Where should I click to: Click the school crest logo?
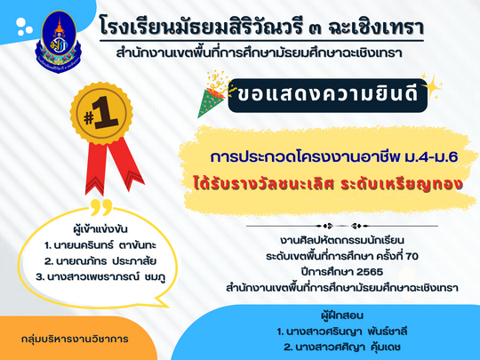[x=59, y=41]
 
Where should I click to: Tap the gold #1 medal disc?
[x=101, y=113]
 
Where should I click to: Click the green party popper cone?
[x=211, y=102]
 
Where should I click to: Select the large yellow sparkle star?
[x=431, y=86]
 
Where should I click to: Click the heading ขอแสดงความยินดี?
[x=327, y=95]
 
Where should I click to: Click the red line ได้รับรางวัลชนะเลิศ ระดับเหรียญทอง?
[x=327, y=184]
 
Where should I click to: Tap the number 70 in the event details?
[x=412, y=256]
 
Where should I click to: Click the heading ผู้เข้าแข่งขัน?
[x=100, y=229]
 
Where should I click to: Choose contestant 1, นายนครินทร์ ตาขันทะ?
[x=100, y=245]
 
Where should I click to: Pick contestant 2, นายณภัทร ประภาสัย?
[x=100, y=261]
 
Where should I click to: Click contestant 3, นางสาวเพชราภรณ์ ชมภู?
[x=100, y=277]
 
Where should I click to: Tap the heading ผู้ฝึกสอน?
[x=342, y=316]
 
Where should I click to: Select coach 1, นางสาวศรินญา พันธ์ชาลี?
[x=342, y=332]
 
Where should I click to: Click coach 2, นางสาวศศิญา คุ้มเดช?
[x=342, y=348]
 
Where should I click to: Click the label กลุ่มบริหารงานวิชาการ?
[x=75, y=340]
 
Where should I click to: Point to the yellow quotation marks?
[x=101, y=207]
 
